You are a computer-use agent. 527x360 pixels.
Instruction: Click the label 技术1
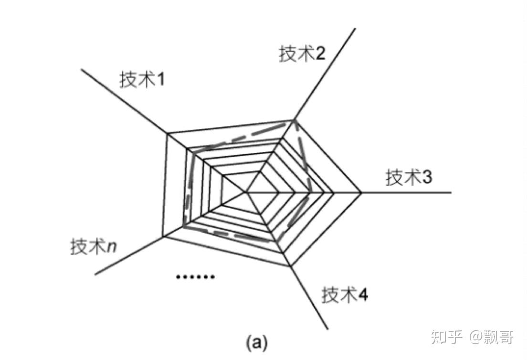[142, 79]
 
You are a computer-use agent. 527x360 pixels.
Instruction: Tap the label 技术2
[302, 54]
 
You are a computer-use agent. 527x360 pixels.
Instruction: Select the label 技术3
[409, 178]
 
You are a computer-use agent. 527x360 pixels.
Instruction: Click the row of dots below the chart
[195, 276]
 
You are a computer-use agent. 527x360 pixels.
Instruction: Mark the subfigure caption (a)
[256, 342]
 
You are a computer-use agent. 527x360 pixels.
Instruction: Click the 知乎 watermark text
[447, 338]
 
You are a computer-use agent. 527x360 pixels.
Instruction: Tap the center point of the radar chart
[247, 192]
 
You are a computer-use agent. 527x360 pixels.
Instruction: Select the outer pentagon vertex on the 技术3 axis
[362, 192]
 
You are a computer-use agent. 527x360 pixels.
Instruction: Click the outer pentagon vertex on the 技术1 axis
[168, 134]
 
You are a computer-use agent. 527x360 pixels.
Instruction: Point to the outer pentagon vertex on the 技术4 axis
[289, 266]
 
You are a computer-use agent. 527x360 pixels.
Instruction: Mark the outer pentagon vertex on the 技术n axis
[163, 236]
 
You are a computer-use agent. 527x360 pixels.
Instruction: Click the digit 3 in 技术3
[427, 178]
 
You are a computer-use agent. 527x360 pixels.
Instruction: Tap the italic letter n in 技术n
[115, 247]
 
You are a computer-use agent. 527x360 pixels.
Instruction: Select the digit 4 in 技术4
[363, 295]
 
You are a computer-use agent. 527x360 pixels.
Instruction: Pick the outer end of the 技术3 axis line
[451, 192]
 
